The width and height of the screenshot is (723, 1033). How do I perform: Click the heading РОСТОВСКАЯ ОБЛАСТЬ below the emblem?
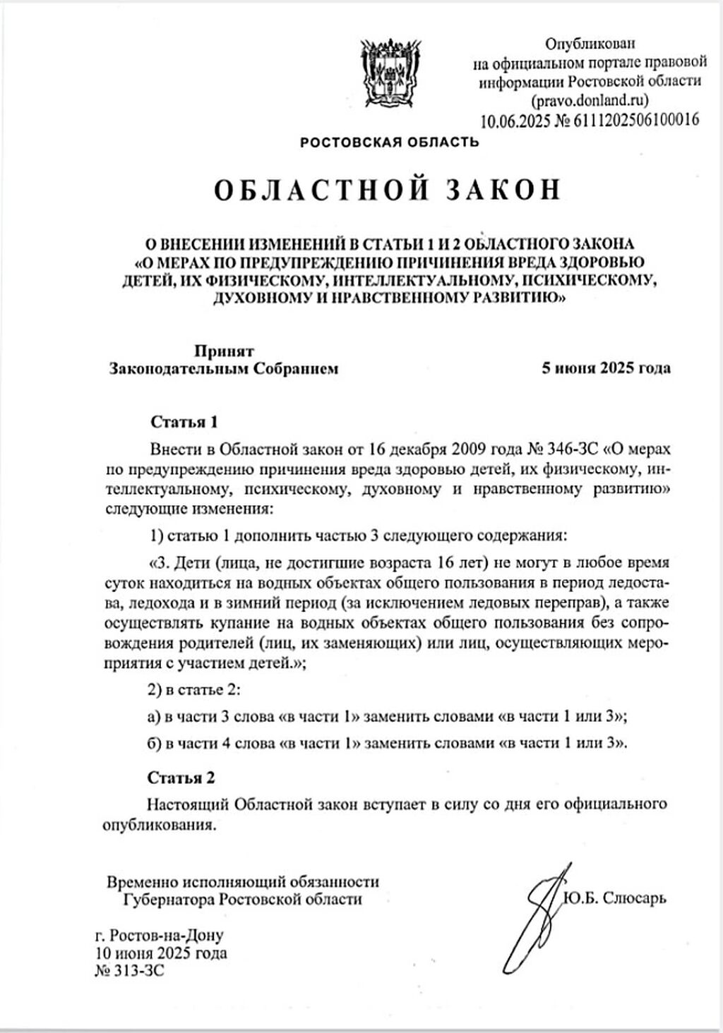coord(389,143)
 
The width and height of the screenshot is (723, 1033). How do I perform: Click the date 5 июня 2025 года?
coord(605,368)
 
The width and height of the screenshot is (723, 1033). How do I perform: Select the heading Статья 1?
coord(184,422)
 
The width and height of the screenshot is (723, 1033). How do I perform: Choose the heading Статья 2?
coord(181,778)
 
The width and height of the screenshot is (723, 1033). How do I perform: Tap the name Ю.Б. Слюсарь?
coord(614,898)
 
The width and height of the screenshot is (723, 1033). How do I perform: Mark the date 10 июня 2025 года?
coord(161,953)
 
